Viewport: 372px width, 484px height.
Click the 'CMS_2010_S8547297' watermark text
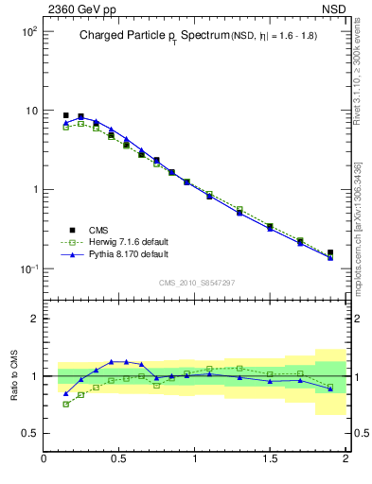(196, 283)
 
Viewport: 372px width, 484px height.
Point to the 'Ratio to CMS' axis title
(15, 375)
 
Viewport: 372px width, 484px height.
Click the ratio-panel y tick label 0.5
(28, 433)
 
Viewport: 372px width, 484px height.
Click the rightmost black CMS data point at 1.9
(330, 252)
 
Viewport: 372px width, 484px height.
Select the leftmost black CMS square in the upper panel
(65, 115)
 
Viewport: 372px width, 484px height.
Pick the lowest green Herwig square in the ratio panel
(65, 404)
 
